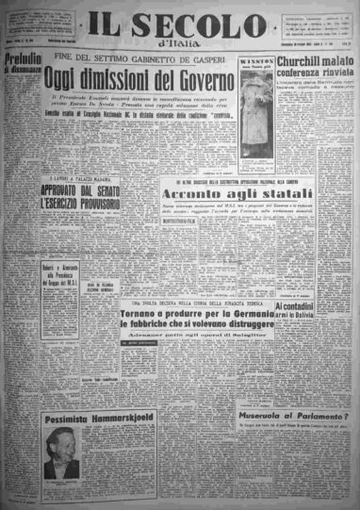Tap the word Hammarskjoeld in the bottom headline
coord(118,418)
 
